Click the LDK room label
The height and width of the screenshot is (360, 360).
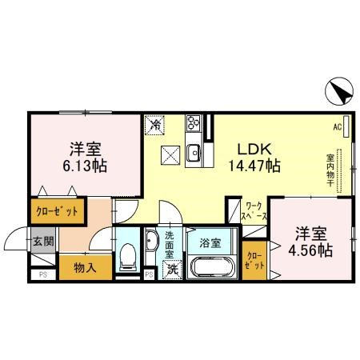click(254, 148)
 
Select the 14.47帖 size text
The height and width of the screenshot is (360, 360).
click(254, 166)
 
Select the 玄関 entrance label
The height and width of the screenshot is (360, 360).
click(43, 241)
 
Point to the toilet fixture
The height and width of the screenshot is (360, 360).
click(127, 255)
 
